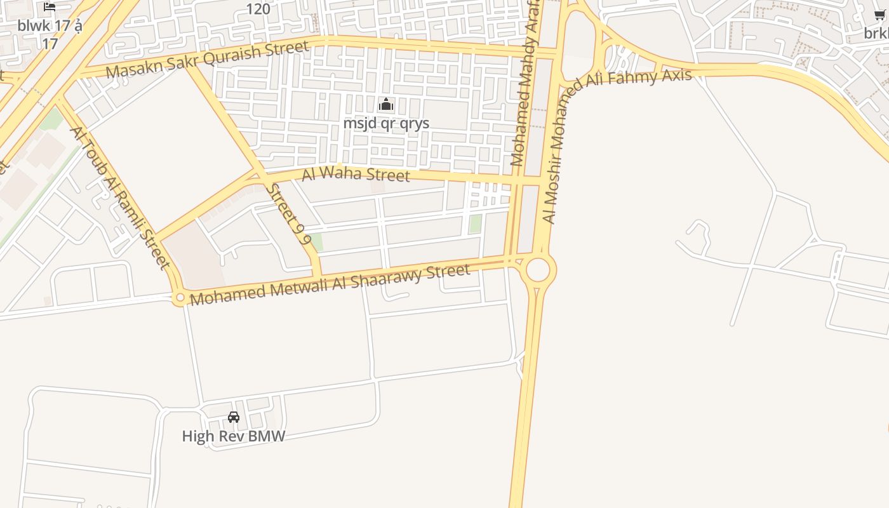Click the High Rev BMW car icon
click(x=234, y=417)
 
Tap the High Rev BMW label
click(x=234, y=436)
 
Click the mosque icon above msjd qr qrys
click(x=385, y=105)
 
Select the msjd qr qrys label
click(x=386, y=123)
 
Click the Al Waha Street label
click(x=356, y=173)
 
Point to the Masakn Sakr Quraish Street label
click(x=207, y=60)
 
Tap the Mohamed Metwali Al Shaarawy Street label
click(x=330, y=284)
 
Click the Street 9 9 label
click(x=289, y=214)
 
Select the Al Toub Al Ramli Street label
click(x=121, y=197)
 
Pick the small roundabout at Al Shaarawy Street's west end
click(x=180, y=297)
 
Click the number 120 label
click(x=258, y=9)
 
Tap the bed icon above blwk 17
click(x=50, y=7)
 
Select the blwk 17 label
click(x=50, y=34)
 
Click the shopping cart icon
click(x=879, y=15)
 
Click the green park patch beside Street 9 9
click(x=316, y=242)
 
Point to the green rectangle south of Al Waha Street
click(x=475, y=224)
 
